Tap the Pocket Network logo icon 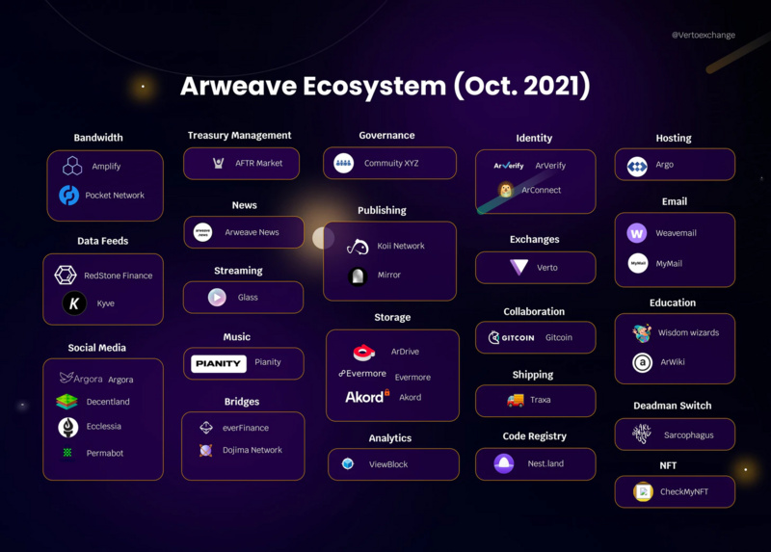[x=69, y=196]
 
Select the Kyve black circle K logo [x=74, y=303]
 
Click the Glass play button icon [x=217, y=298]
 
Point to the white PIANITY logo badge [x=219, y=363]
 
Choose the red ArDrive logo [x=363, y=353]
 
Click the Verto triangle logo [x=519, y=268]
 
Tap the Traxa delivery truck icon [x=516, y=400]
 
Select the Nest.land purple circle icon [x=504, y=463]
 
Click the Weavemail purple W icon [x=637, y=233]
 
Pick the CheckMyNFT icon [x=642, y=492]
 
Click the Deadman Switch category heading [x=674, y=406]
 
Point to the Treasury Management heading [x=239, y=136]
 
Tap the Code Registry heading [x=534, y=436]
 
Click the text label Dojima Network [x=253, y=450]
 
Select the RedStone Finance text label [x=118, y=276]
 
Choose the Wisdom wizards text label [x=688, y=333]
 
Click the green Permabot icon [x=67, y=453]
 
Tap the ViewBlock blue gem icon [x=348, y=464]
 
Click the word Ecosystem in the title [x=378, y=86]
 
